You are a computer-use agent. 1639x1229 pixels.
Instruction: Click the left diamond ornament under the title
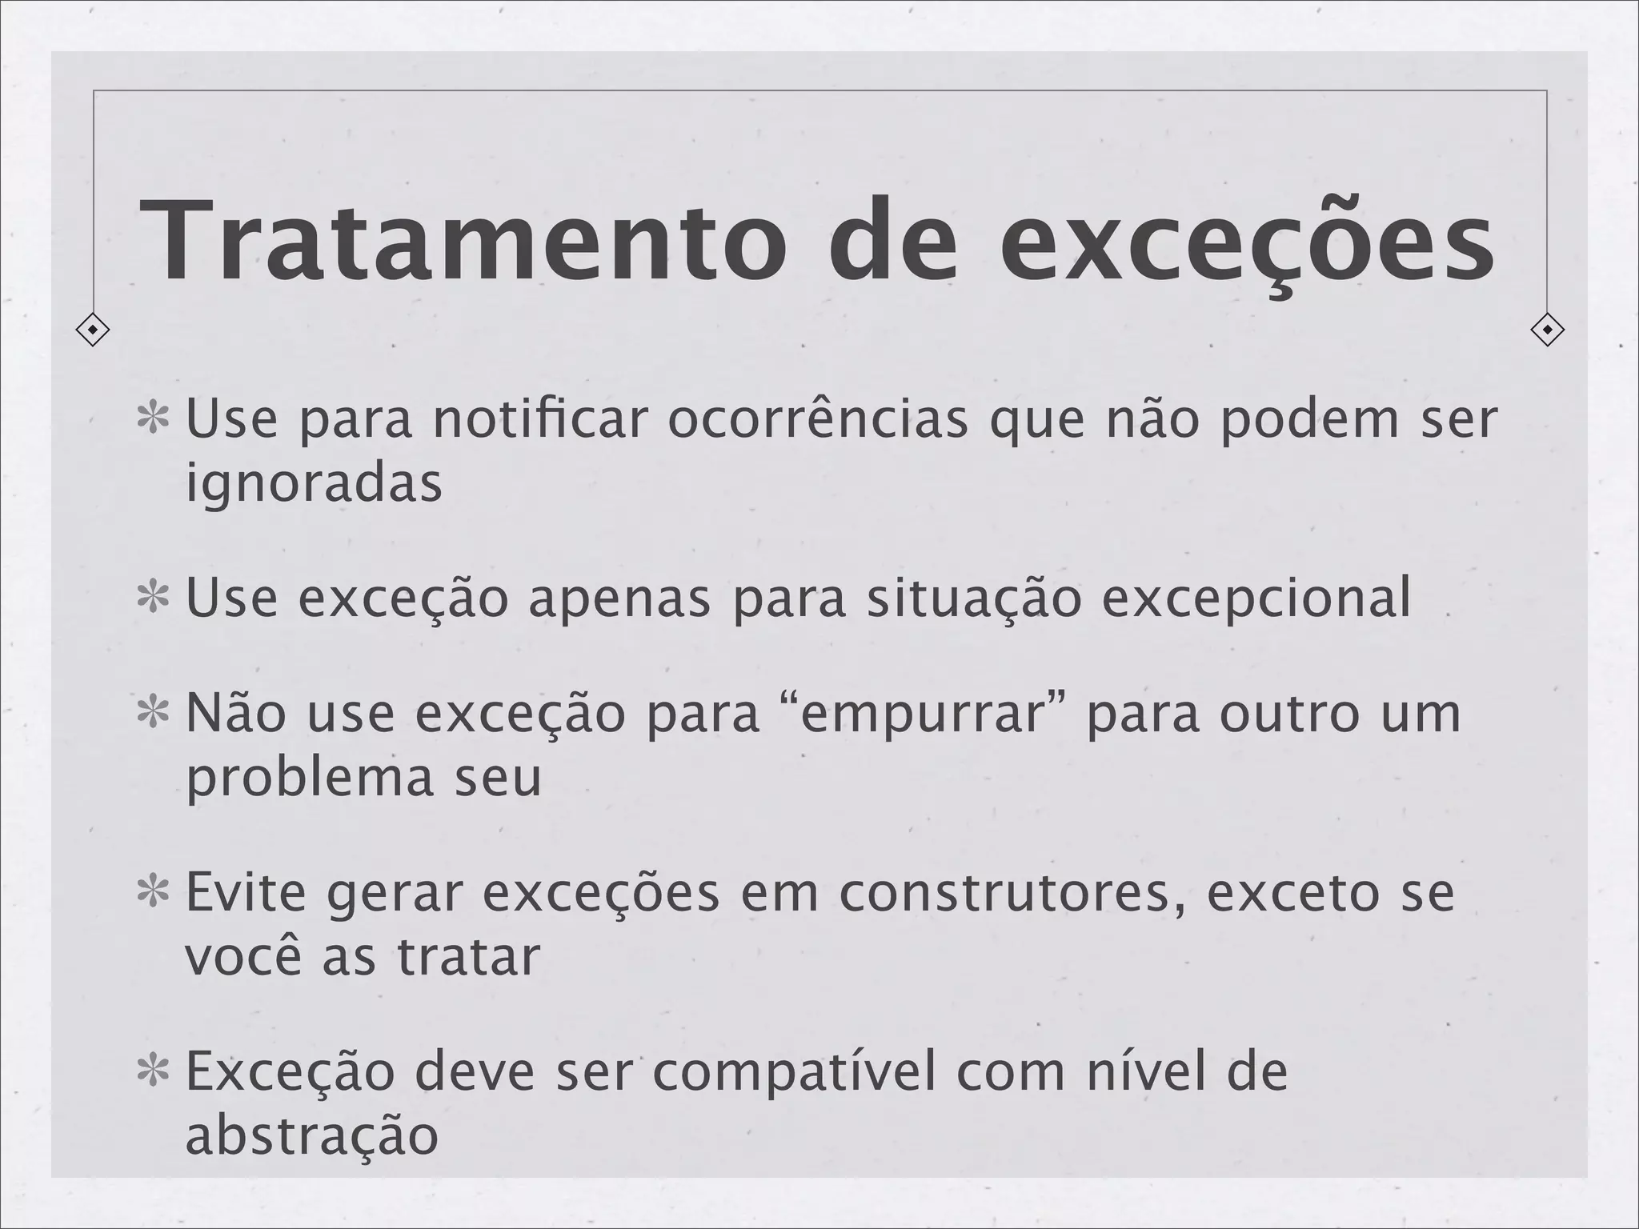93,330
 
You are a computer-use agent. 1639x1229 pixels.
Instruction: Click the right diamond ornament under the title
1547,330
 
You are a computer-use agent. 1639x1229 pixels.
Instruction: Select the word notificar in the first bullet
539,419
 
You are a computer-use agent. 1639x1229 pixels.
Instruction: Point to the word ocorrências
817,419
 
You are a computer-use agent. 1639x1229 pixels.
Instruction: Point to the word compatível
795,1072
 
